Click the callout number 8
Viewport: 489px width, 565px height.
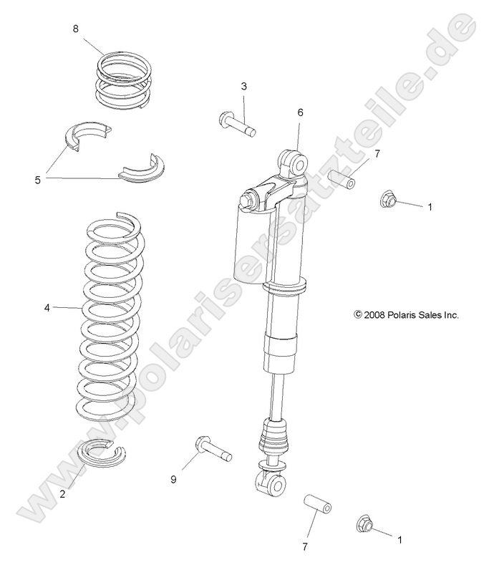tap(76, 29)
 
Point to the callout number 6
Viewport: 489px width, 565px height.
tap(301, 112)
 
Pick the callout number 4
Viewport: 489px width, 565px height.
tap(47, 308)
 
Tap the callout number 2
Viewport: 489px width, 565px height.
tap(63, 493)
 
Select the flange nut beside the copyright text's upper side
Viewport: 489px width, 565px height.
tap(391, 200)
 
